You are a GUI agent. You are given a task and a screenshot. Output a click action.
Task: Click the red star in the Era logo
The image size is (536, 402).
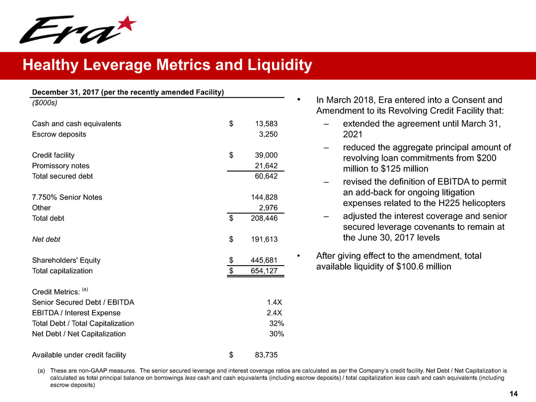click(x=128, y=25)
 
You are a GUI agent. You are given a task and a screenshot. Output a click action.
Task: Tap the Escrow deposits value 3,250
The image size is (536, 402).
click(x=268, y=135)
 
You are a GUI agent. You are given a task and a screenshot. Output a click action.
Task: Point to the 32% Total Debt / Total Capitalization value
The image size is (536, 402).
click(x=277, y=323)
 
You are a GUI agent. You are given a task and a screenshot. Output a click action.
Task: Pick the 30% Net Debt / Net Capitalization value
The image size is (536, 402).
click(x=277, y=334)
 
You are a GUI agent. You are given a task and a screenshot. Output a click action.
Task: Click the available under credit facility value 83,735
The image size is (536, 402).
click(x=266, y=355)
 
